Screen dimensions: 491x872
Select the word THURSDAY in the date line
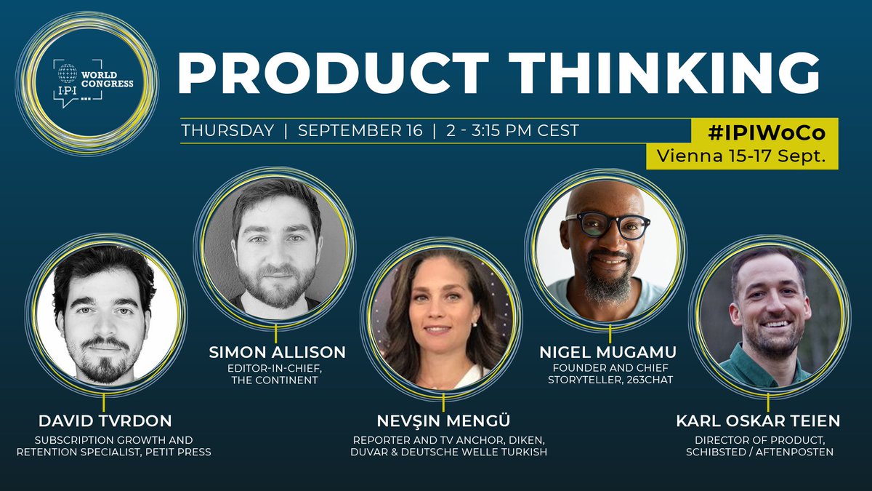227,131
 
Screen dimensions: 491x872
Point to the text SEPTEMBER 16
360,131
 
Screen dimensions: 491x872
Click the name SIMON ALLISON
275,353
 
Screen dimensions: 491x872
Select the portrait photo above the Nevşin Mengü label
443,320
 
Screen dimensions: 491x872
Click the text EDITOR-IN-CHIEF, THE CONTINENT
275,374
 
